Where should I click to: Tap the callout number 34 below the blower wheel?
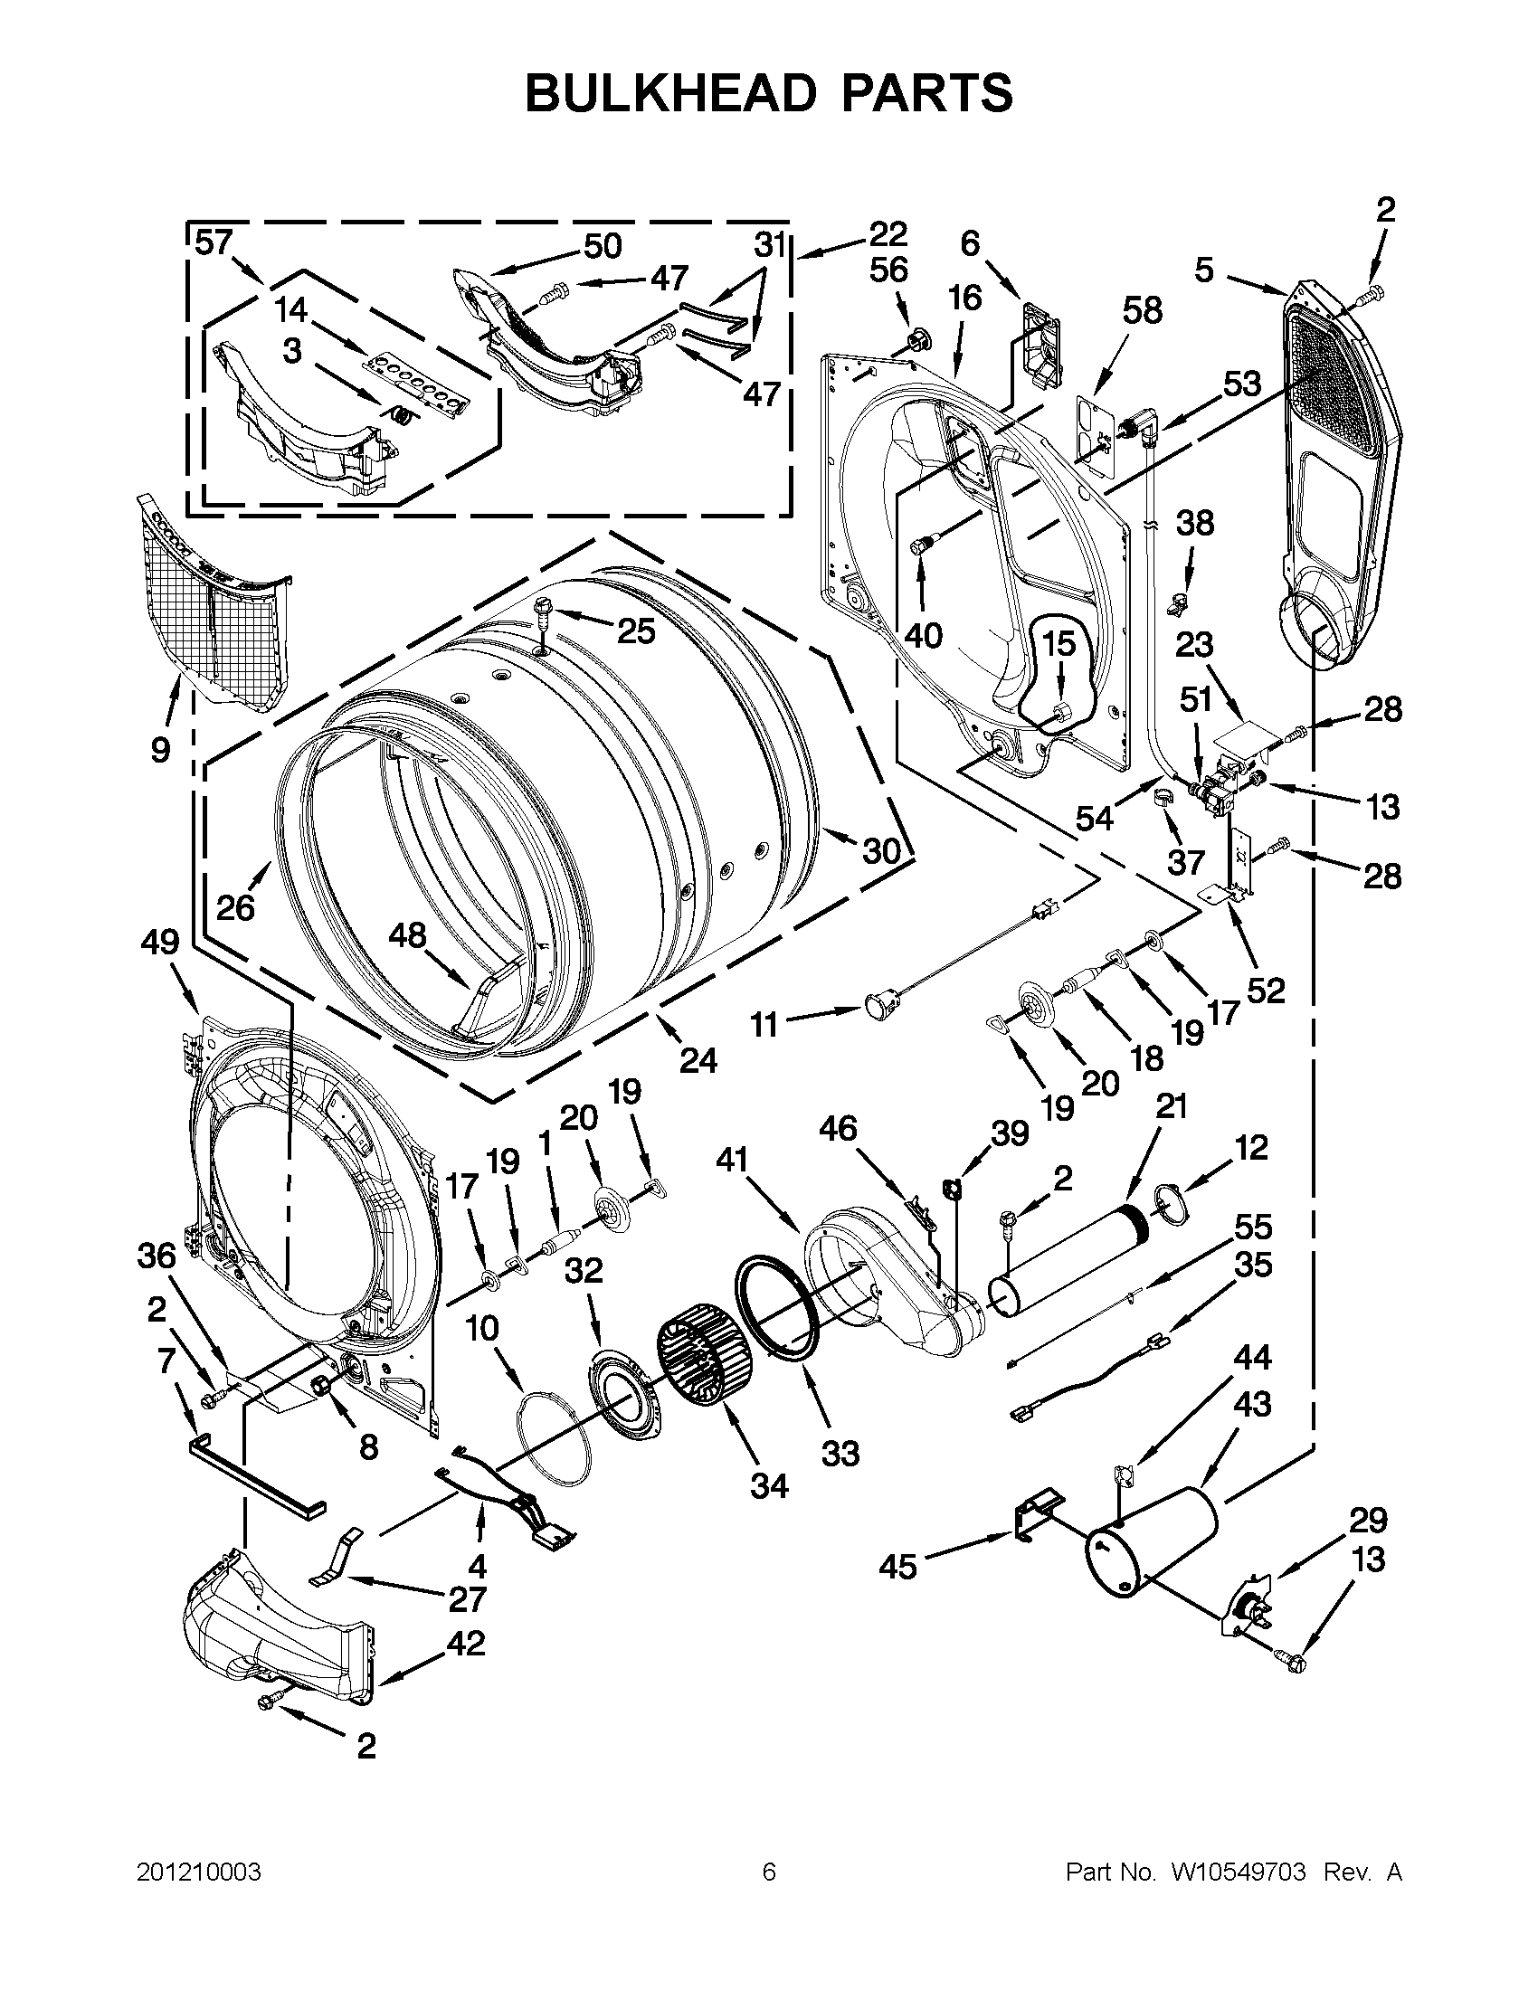[768, 1487]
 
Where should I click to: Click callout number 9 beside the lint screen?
[160, 749]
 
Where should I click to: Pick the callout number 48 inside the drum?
[406, 934]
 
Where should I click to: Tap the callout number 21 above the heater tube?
[1172, 1106]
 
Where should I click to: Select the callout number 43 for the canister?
[1252, 1405]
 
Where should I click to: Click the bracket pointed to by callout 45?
[1038, 1517]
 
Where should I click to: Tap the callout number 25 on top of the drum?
[635, 630]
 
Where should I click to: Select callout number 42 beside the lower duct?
[465, 1644]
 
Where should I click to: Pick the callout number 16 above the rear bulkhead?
[964, 299]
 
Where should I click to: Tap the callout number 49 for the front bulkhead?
[159, 942]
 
